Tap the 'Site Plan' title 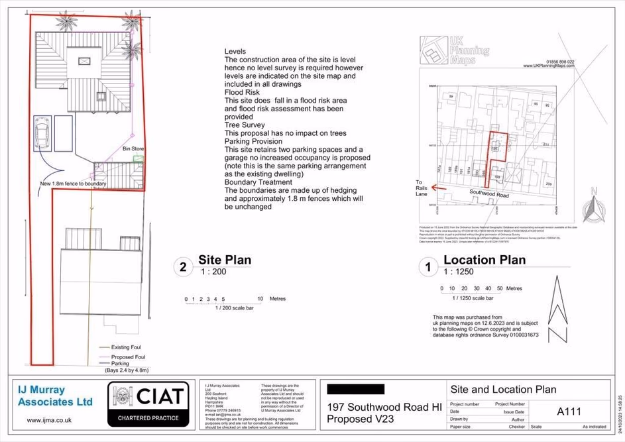225,260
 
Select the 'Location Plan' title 484,260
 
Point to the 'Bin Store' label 133,149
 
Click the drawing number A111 569,412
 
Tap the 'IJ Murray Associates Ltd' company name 55,396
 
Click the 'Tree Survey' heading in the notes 245,125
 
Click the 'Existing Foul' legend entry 125,347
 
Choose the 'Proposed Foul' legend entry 127,357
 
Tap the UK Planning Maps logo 455,50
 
